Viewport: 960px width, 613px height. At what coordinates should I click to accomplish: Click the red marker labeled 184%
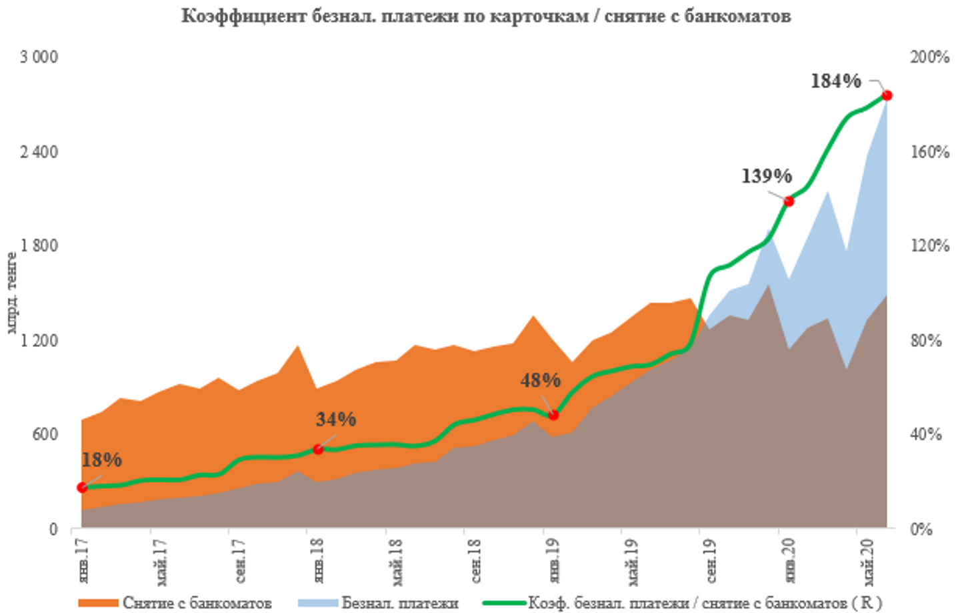coord(887,95)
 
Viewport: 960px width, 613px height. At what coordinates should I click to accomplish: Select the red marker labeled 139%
coord(789,201)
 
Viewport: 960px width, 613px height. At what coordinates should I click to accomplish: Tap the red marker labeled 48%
coord(553,415)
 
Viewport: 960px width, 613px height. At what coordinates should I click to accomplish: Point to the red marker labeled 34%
coord(318,449)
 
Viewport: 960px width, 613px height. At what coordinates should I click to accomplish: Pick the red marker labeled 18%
coord(82,488)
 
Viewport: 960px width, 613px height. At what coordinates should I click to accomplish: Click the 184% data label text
coord(836,81)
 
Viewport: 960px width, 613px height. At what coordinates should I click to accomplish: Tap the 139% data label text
coord(767,176)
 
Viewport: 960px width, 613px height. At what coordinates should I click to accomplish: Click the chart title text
coord(486,15)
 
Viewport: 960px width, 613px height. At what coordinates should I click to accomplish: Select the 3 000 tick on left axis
coord(39,57)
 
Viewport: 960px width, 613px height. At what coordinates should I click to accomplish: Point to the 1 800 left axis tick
coord(39,245)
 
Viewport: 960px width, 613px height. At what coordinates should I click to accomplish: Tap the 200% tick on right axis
coord(929,57)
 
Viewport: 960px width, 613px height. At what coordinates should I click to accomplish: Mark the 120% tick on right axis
coord(929,245)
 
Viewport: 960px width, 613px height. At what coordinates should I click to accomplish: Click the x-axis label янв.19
coord(553,560)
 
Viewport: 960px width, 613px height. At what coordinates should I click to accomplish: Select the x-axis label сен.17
coord(240,560)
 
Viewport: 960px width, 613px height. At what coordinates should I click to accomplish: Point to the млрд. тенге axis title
coord(11,293)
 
